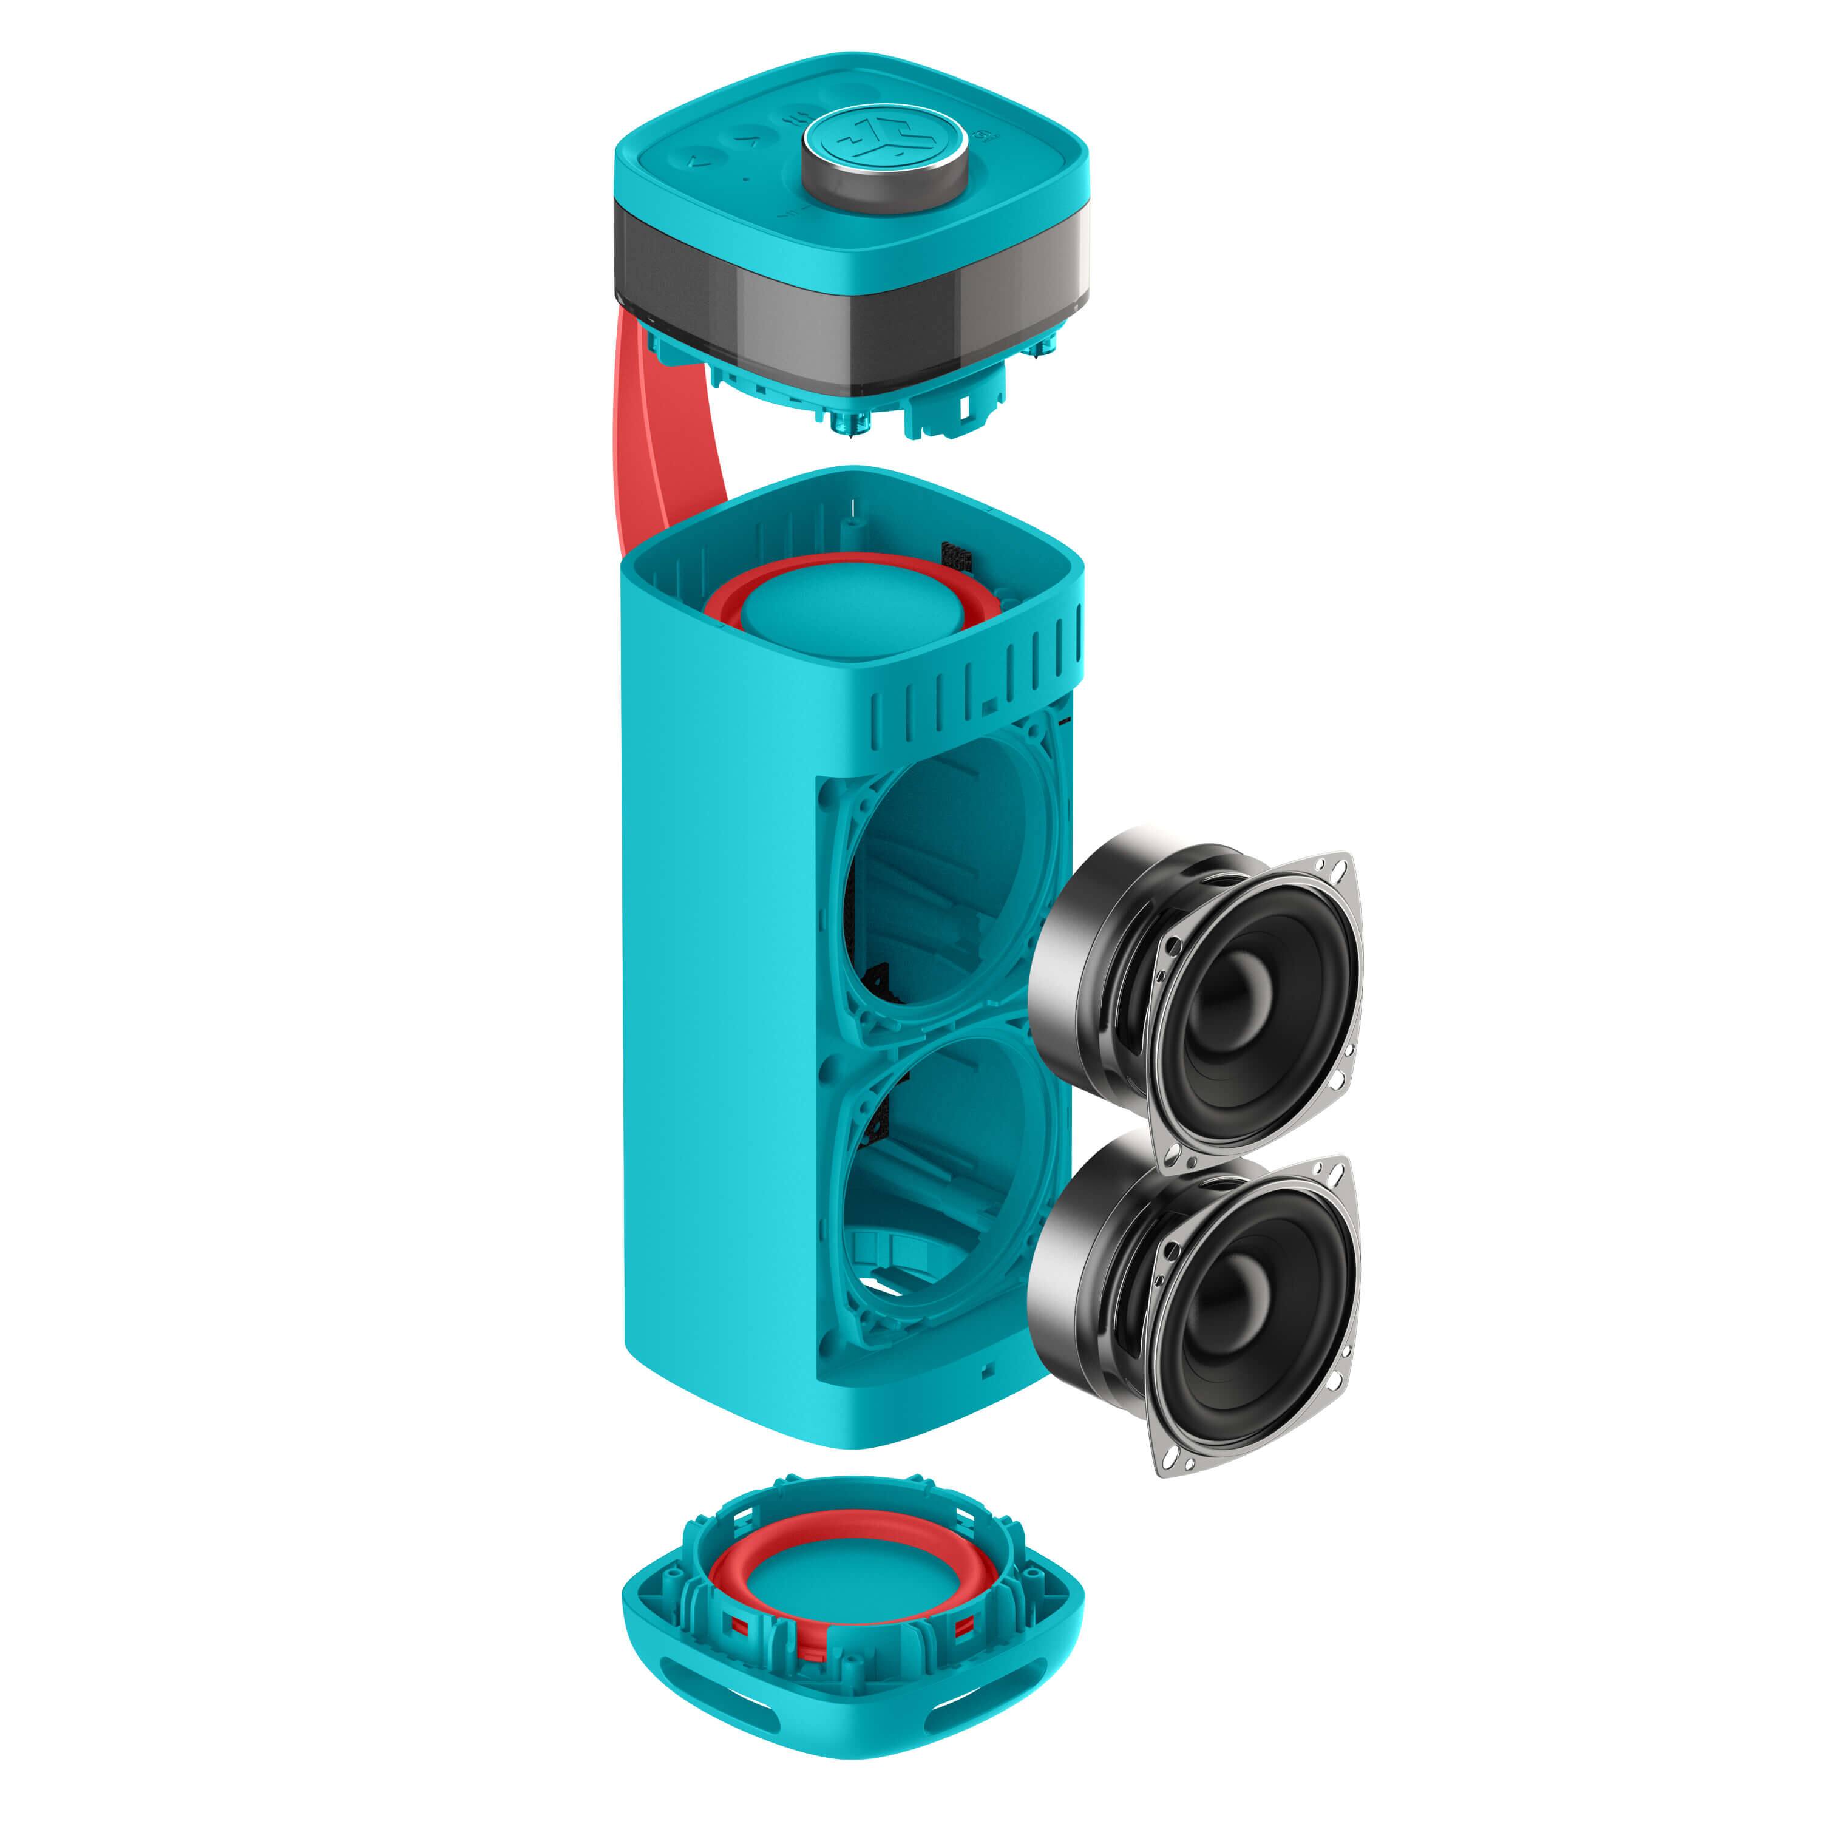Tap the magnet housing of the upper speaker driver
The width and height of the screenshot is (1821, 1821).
pos(1084,929)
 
